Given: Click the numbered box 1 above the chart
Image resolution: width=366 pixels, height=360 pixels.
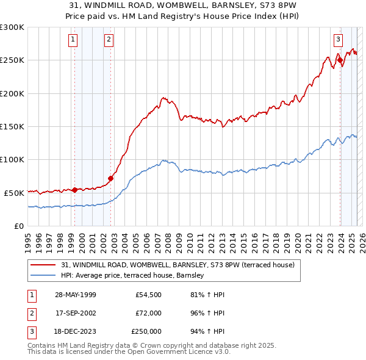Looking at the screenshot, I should [x=73, y=40].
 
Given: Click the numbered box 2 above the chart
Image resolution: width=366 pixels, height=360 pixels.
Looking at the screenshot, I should [x=109, y=40].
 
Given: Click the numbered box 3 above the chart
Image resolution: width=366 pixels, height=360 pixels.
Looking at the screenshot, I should [x=337, y=40].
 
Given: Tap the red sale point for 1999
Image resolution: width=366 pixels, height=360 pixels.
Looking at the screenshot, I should [x=74, y=190].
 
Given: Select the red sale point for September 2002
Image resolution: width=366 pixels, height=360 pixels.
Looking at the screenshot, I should [x=110, y=178].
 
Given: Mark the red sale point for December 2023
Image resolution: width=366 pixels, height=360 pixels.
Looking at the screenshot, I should [x=340, y=60].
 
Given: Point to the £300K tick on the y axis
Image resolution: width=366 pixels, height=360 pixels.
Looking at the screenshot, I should [x=12, y=27].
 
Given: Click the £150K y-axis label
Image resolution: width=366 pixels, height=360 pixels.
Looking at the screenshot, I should [x=12, y=126].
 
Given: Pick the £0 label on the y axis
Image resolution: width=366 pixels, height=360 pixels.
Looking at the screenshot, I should [x=19, y=226].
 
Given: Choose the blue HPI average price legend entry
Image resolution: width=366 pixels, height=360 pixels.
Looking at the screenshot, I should [x=132, y=276].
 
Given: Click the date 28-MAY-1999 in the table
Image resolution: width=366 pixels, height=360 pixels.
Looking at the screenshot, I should [x=76, y=295].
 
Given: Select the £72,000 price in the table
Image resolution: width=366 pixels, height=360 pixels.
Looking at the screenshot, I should [x=148, y=313].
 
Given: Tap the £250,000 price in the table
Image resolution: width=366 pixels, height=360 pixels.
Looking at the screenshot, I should [x=146, y=331].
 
